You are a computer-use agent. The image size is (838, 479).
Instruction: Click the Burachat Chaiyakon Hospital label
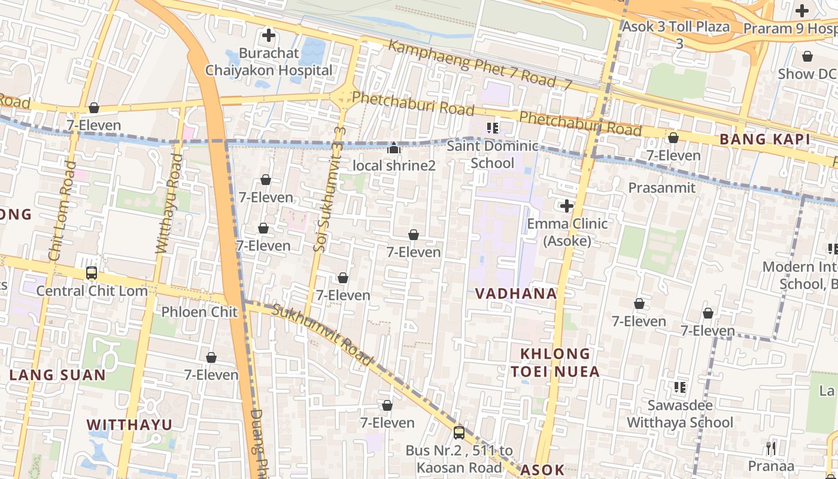click(x=268, y=62)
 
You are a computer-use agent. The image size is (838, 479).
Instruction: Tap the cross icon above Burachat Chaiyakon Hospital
click(x=269, y=35)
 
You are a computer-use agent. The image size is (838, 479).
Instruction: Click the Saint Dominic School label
click(x=493, y=154)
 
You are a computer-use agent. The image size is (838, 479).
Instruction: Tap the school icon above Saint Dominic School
click(x=493, y=128)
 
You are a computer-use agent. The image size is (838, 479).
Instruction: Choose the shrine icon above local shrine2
click(x=394, y=148)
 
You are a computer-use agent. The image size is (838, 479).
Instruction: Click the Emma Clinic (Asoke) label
click(x=567, y=232)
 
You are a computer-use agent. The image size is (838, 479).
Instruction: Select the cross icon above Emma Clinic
click(x=567, y=207)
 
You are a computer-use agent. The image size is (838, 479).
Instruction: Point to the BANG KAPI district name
click(x=764, y=140)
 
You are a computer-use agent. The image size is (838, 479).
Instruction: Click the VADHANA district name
click(x=516, y=294)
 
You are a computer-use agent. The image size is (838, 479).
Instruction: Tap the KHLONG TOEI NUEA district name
click(x=555, y=363)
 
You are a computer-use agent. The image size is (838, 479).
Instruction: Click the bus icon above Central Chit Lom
click(x=92, y=273)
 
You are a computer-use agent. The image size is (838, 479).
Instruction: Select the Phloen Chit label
click(x=199, y=312)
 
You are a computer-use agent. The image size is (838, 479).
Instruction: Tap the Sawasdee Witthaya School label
click(x=679, y=414)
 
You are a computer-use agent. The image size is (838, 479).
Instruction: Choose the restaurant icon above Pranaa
click(x=771, y=448)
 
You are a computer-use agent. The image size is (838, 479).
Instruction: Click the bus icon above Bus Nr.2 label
click(x=459, y=432)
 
